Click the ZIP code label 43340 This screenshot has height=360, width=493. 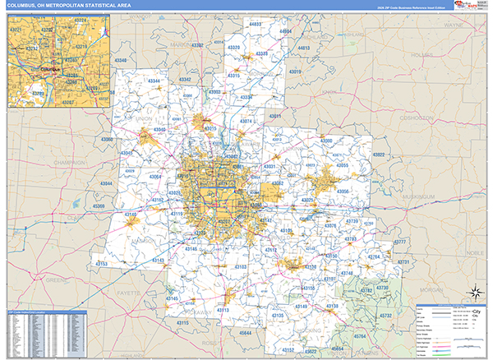(121, 61)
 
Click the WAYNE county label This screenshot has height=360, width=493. (454, 25)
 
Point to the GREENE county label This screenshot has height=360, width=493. (57, 280)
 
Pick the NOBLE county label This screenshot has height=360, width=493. (475, 253)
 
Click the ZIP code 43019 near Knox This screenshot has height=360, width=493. (295, 72)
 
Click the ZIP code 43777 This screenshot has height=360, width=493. (400, 241)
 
